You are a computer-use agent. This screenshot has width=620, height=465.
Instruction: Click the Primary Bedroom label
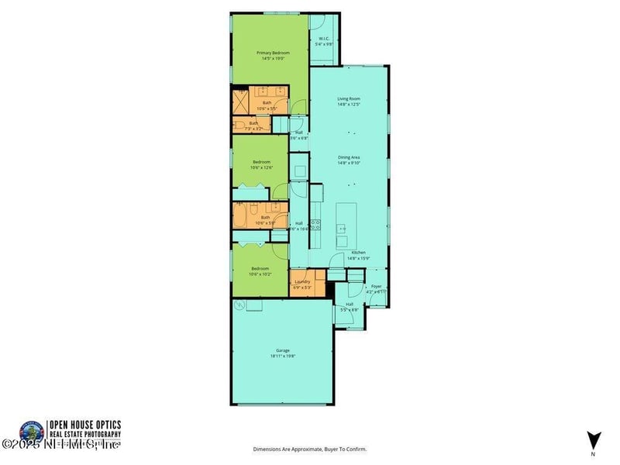[272, 53]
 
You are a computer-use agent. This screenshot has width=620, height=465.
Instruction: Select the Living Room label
[349, 98]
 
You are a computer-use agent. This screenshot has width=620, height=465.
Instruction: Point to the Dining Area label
[349, 157]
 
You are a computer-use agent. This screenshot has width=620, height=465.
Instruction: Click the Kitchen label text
[358, 253]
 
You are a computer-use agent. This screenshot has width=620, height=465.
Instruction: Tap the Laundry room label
[302, 282]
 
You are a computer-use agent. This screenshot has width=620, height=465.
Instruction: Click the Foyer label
[376, 286]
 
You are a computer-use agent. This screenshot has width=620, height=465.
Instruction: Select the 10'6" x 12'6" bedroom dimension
[261, 167]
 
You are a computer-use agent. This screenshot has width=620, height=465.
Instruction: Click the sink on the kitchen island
[342, 229]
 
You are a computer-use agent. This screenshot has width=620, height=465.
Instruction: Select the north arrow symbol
[593, 439]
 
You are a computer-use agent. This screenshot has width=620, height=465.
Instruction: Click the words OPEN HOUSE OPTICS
[84, 424]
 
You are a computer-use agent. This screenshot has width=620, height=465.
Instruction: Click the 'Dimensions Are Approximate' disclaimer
[309, 449]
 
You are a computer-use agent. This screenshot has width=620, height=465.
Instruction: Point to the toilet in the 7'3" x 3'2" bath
[241, 124]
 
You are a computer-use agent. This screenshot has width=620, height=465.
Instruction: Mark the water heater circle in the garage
[250, 308]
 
